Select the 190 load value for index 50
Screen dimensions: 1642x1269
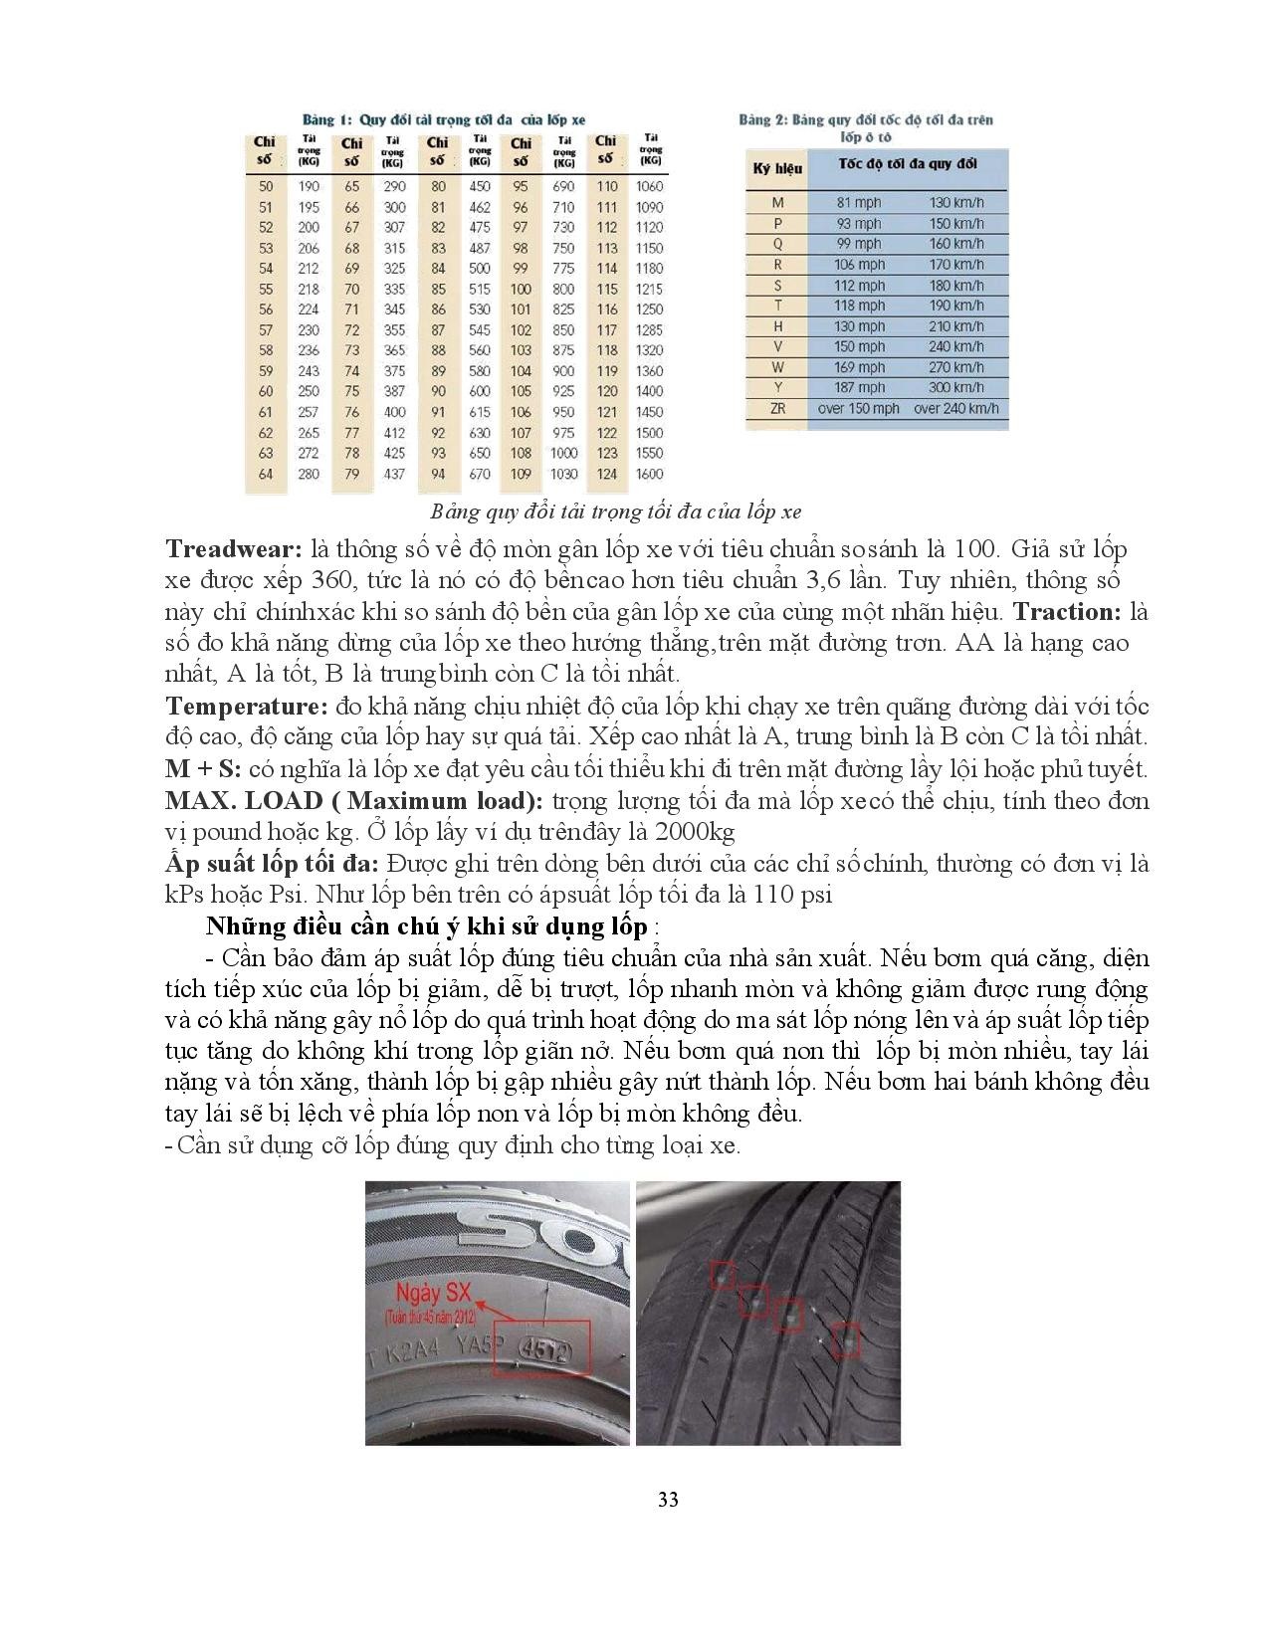point(309,186)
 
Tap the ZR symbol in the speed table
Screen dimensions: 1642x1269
point(777,408)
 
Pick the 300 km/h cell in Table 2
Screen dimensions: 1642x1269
point(955,387)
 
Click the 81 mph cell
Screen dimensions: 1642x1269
point(858,203)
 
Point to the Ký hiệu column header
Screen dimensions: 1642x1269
point(776,168)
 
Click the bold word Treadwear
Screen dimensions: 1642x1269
point(233,549)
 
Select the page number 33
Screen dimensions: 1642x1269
point(668,1499)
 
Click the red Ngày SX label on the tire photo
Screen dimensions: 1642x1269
point(432,1294)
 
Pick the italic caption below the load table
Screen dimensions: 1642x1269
point(616,513)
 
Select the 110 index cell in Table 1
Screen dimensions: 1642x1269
point(606,186)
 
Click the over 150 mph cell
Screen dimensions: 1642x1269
point(858,408)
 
